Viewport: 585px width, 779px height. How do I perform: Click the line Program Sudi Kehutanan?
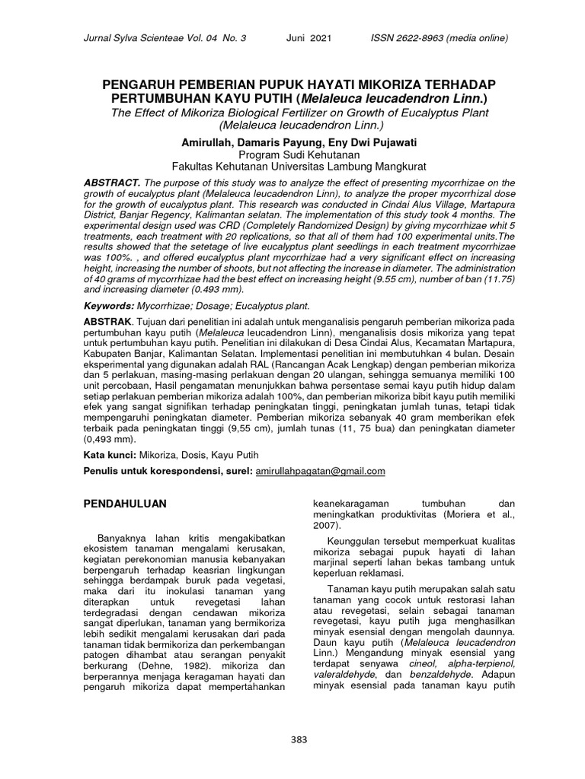coord(293,154)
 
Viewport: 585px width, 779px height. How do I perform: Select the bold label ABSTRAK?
coord(110,323)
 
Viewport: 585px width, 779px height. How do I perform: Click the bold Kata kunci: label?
coord(110,454)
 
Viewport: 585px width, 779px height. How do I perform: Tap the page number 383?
coord(293,738)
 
